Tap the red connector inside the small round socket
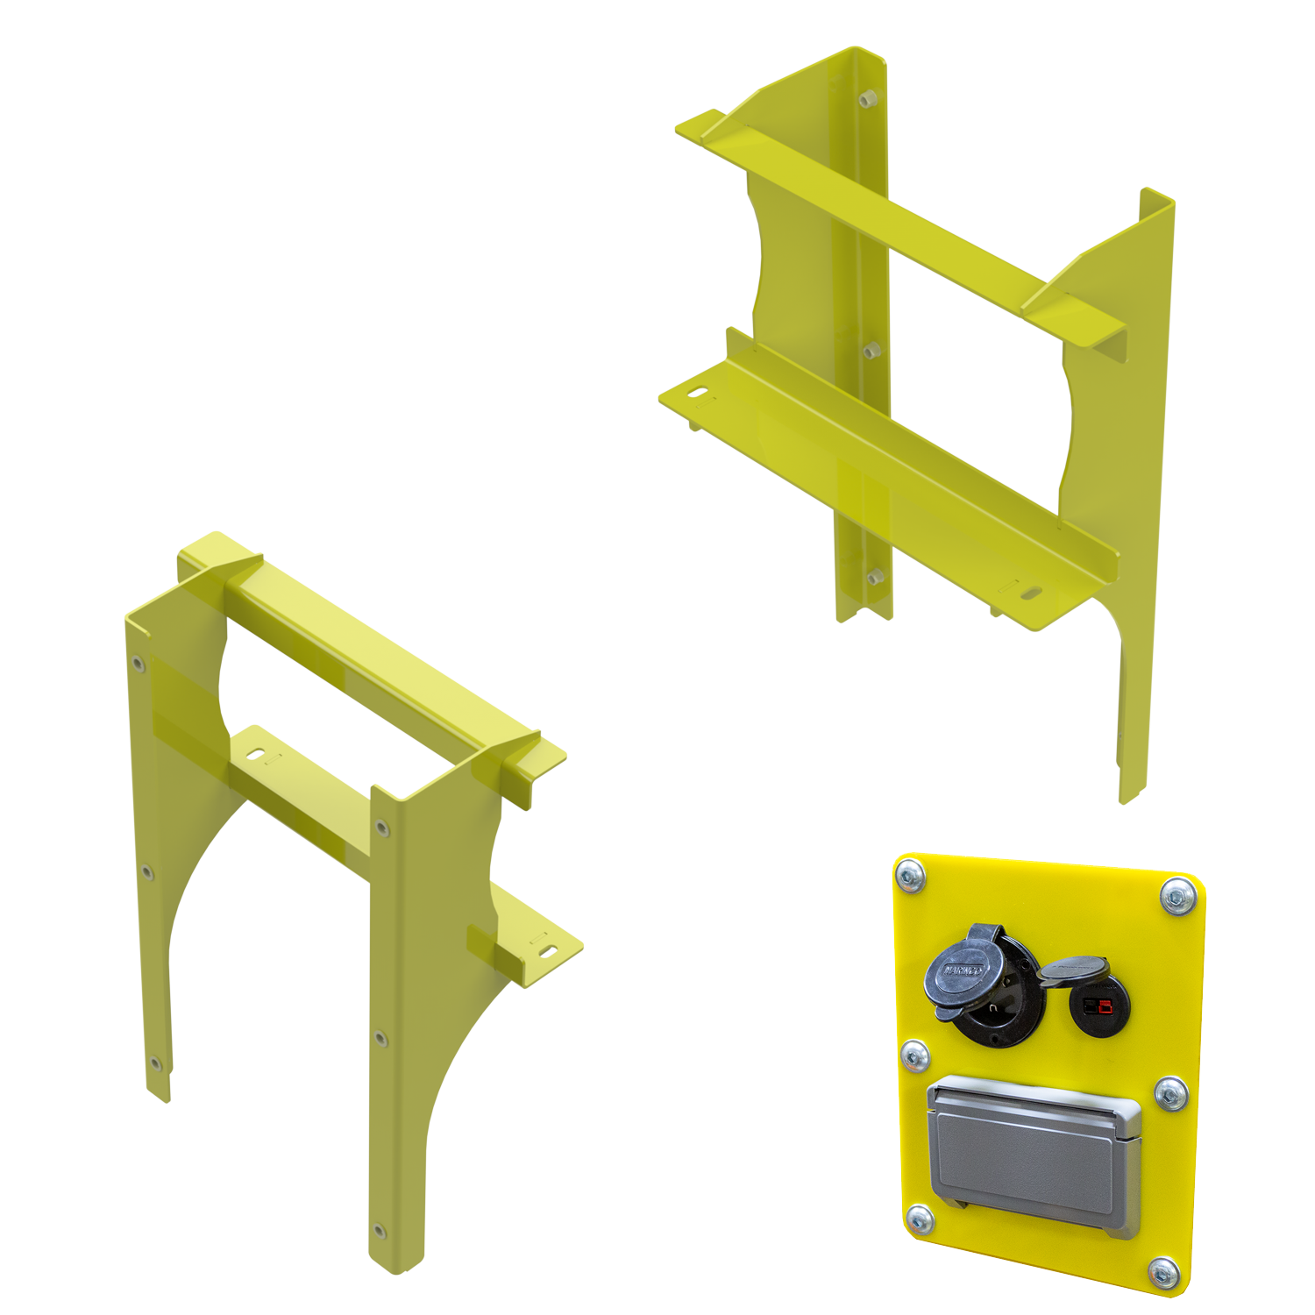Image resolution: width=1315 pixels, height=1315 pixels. (1100, 1006)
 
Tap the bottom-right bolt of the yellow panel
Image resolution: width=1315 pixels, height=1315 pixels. (1164, 1274)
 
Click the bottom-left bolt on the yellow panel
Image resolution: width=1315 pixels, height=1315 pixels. (920, 1219)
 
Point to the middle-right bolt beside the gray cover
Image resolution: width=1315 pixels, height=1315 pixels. (1170, 1093)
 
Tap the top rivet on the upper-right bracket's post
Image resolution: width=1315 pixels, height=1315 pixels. (868, 99)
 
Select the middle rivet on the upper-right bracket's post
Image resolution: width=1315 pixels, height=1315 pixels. (871, 352)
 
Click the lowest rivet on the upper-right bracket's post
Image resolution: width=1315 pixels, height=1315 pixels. (875, 578)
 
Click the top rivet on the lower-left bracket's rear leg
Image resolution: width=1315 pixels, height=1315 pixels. (138, 664)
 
